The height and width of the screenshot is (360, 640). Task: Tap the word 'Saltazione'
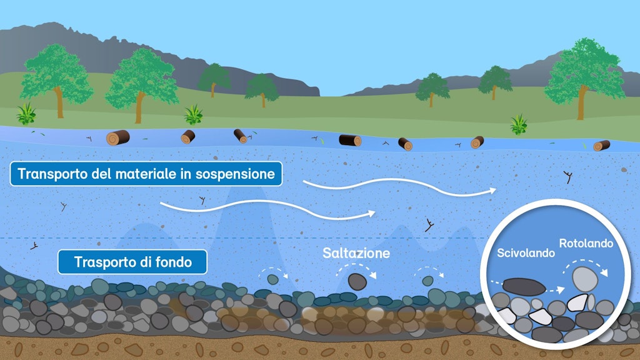pos(356,253)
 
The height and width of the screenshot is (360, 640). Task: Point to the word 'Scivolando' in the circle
pos(526,254)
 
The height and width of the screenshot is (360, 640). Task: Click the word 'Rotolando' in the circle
pos(586,244)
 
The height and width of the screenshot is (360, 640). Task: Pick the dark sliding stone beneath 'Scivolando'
pos(524,287)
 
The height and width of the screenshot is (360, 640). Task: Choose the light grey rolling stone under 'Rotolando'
pos(584,278)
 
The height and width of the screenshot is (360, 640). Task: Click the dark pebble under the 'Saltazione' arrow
pos(357,281)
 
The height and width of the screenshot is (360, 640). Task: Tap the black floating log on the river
pos(350,140)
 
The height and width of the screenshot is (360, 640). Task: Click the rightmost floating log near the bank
pos(601,146)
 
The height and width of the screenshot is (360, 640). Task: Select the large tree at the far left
pos(56,75)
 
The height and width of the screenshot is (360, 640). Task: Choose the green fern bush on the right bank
pos(518,124)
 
